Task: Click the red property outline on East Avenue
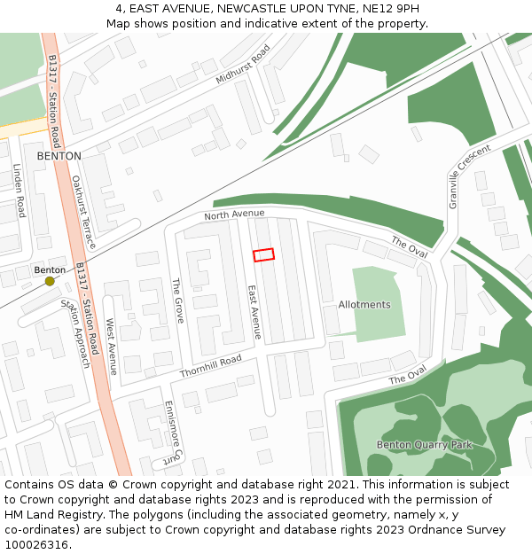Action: [x=263, y=254]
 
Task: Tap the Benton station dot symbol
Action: [x=50, y=281]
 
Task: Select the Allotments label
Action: [x=364, y=305]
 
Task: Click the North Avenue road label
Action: [x=234, y=214]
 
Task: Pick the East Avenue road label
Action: [x=254, y=311]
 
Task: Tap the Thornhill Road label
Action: [x=211, y=366]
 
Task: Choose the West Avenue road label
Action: [x=112, y=347]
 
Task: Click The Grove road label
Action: [x=177, y=300]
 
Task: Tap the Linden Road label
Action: [x=20, y=190]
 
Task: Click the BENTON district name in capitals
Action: [x=59, y=156]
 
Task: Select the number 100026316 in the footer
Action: [x=38, y=544]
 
